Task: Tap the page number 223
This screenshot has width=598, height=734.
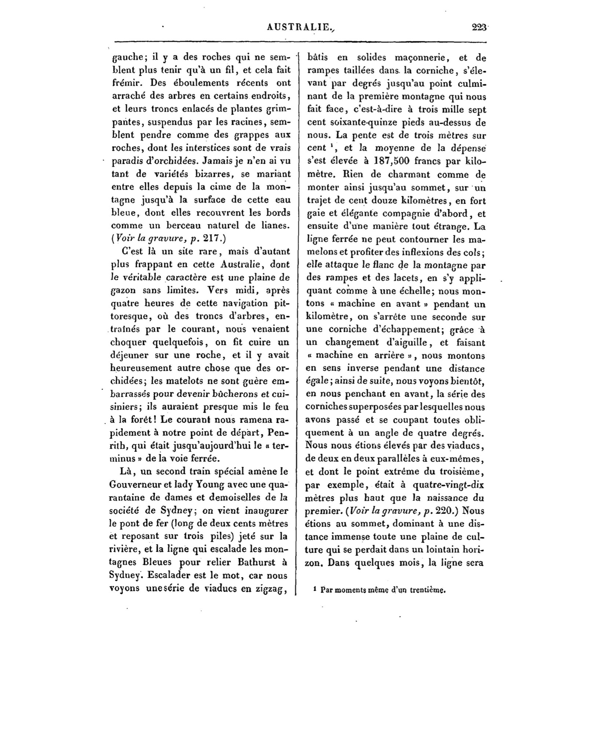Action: [x=478, y=27]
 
